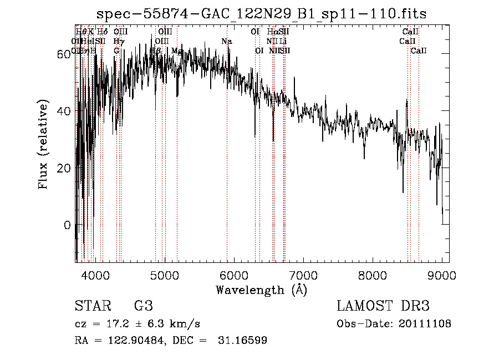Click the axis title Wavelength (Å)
point(261,290)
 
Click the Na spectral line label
point(226,42)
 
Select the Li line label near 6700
point(283,42)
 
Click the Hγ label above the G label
point(118,42)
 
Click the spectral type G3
point(143,306)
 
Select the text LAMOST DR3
point(383,306)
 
